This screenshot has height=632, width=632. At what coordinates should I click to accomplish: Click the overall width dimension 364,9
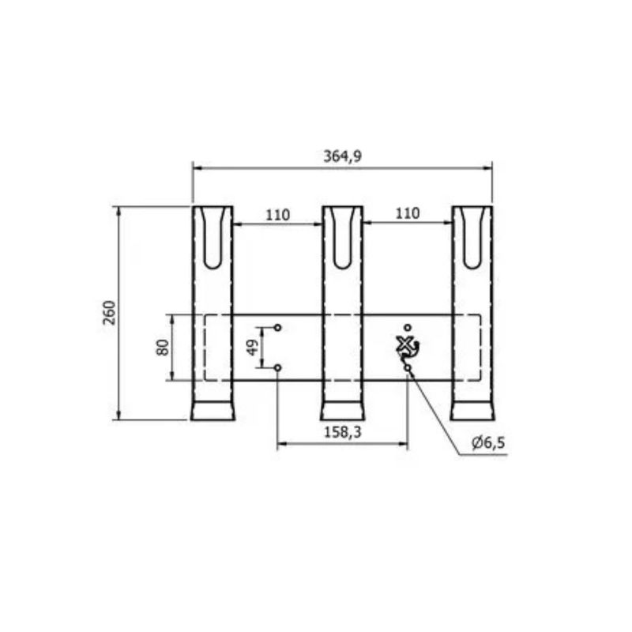pos(343,156)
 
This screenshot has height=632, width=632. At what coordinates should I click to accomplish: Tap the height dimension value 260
pos(110,313)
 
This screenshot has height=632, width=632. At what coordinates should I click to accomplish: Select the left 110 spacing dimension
pos(278,215)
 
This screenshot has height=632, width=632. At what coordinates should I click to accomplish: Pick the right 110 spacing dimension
pos(408,213)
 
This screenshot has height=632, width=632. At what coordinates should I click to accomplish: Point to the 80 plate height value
pos(163,348)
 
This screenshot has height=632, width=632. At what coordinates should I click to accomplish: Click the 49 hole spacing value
pos(253,348)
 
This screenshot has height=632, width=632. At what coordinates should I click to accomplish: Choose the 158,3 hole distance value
pos(343,432)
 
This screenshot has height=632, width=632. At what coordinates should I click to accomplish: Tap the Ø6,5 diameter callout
pos(488,443)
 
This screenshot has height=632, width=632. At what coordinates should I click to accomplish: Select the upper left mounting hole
pos(278,327)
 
